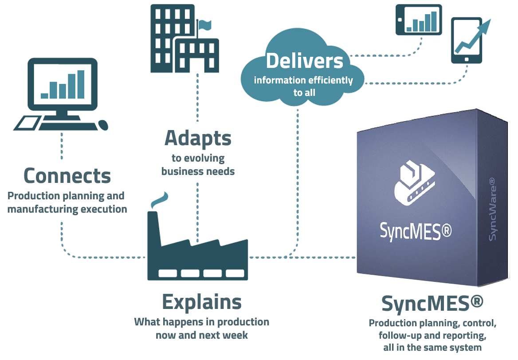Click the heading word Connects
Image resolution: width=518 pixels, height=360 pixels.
point(67,176)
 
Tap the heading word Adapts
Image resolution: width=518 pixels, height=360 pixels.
point(198,138)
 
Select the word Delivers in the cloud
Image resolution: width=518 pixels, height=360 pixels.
point(304,61)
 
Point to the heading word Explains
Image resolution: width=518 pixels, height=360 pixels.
point(202,302)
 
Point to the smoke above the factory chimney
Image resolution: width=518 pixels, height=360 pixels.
point(159,201)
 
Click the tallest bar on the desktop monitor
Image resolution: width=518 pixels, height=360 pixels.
point(81,84)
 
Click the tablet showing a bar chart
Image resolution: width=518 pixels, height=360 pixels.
point(419,20)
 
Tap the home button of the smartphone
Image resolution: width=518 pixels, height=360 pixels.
point(466,59)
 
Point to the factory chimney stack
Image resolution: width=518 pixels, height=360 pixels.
point(153,226)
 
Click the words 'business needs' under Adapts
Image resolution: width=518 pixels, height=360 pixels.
point(198,171)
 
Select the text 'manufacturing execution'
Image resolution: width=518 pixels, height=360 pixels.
point(67,209)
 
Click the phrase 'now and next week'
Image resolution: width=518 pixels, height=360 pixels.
point(202,334)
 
